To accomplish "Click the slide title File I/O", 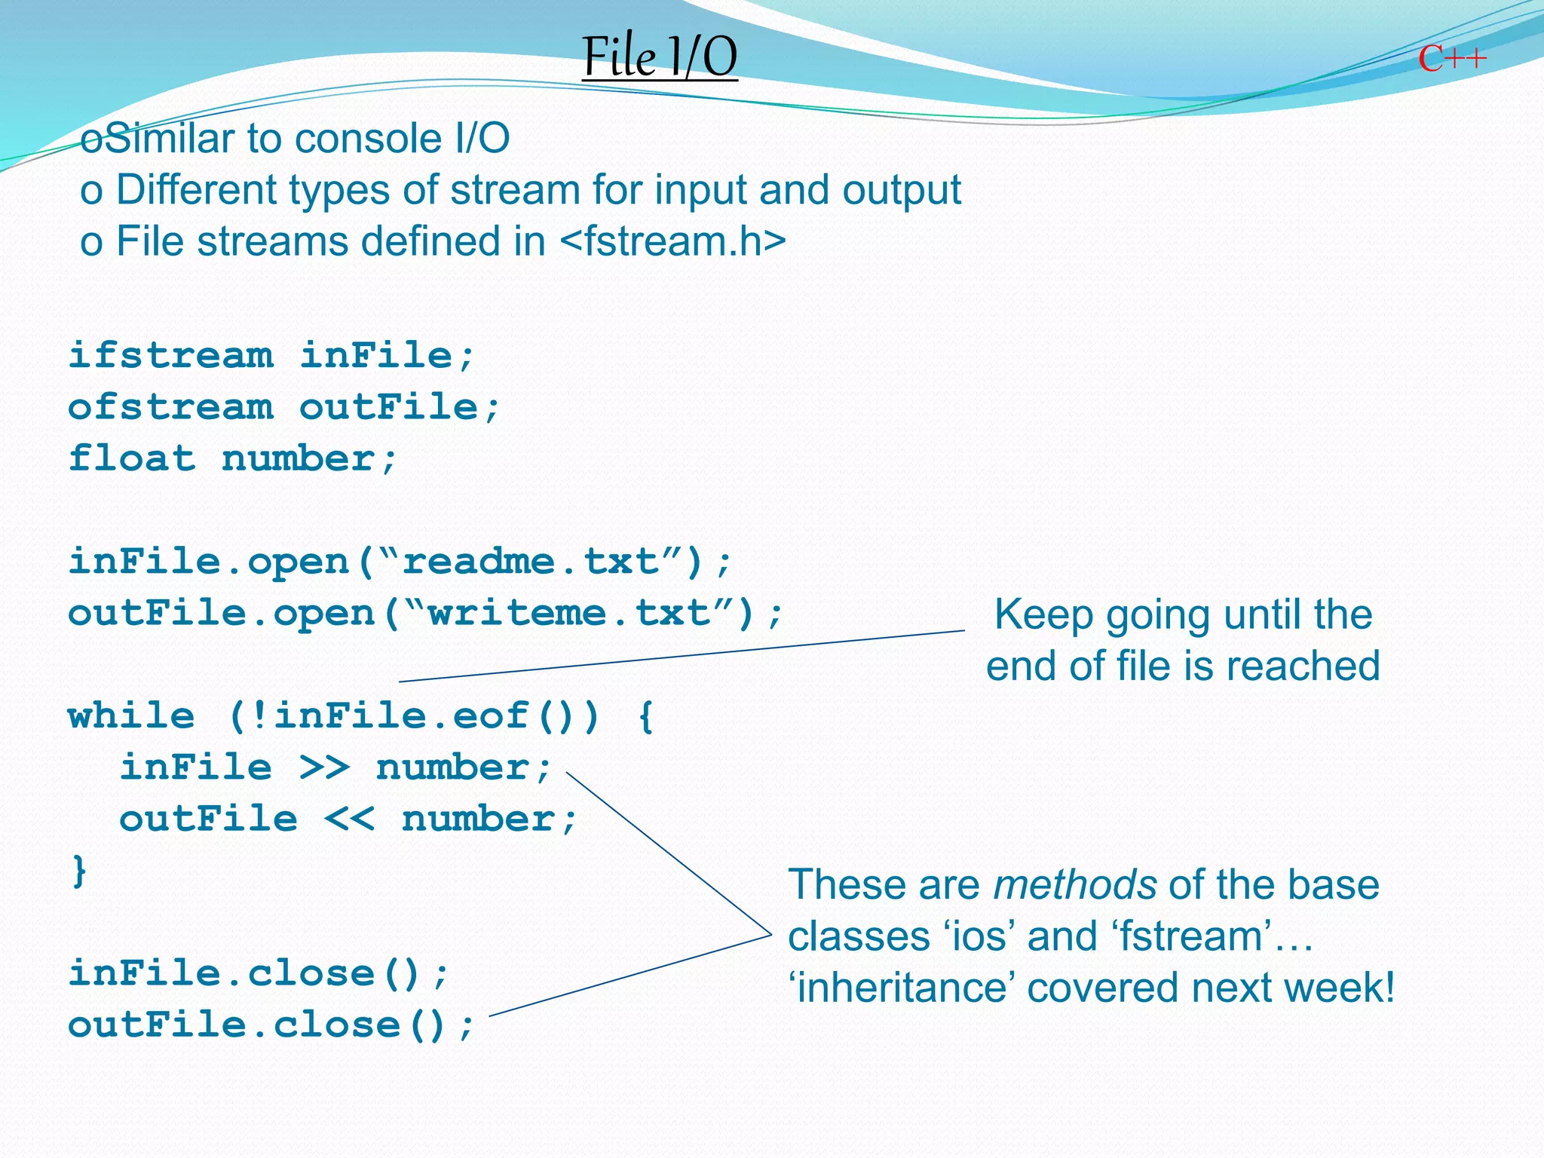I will click(x=660, y=57).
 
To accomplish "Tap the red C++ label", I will click(x=1452, y=59).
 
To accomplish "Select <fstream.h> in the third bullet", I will click(x=673, y=241).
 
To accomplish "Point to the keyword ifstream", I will click(x=171, y=355).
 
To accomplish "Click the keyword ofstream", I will click(x=171, y=407).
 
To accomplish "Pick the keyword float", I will click(x=132, y=458).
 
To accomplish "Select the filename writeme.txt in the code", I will click(x=569, y=613).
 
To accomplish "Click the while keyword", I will click(x=132, y=715).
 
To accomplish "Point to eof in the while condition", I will click(x=491, y=715).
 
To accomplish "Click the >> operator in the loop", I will click(x=325, y=767).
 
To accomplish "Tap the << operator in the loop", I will click(x=350, y=819).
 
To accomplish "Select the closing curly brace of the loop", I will click(x=79, y=871).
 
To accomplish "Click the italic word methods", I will click(x=1075, y=885).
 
